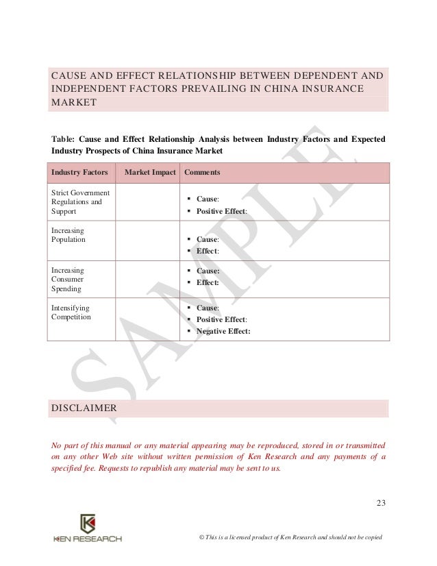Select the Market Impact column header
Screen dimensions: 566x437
click(x=150, y=173)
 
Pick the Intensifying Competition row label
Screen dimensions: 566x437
click(x=71, y=312)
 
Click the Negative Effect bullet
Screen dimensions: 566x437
click(x=223, y=330)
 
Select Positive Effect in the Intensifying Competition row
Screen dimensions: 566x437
click(x=222, y=319)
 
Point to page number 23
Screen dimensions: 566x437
click(x=382, y=505)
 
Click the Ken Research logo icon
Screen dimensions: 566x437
click(x=88, y=523)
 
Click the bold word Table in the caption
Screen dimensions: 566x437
click(x=64, y=139)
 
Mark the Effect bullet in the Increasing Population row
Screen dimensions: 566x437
click(x=207, y=251)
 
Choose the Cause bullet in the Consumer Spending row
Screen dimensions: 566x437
click(x=208, y=271)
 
